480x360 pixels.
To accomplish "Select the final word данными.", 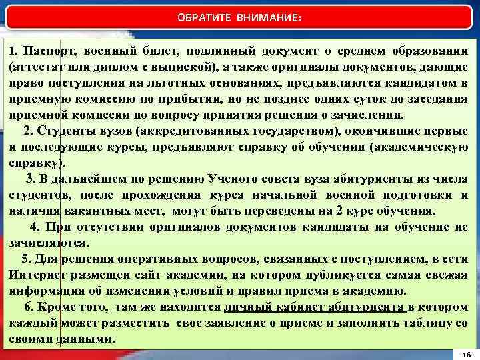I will pyautogui.click(x=89, y=339).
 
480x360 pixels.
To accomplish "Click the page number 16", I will pyautogui.click(x=465, y=354).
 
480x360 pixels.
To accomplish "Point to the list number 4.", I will pyautogui.click(x=35, y=227).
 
